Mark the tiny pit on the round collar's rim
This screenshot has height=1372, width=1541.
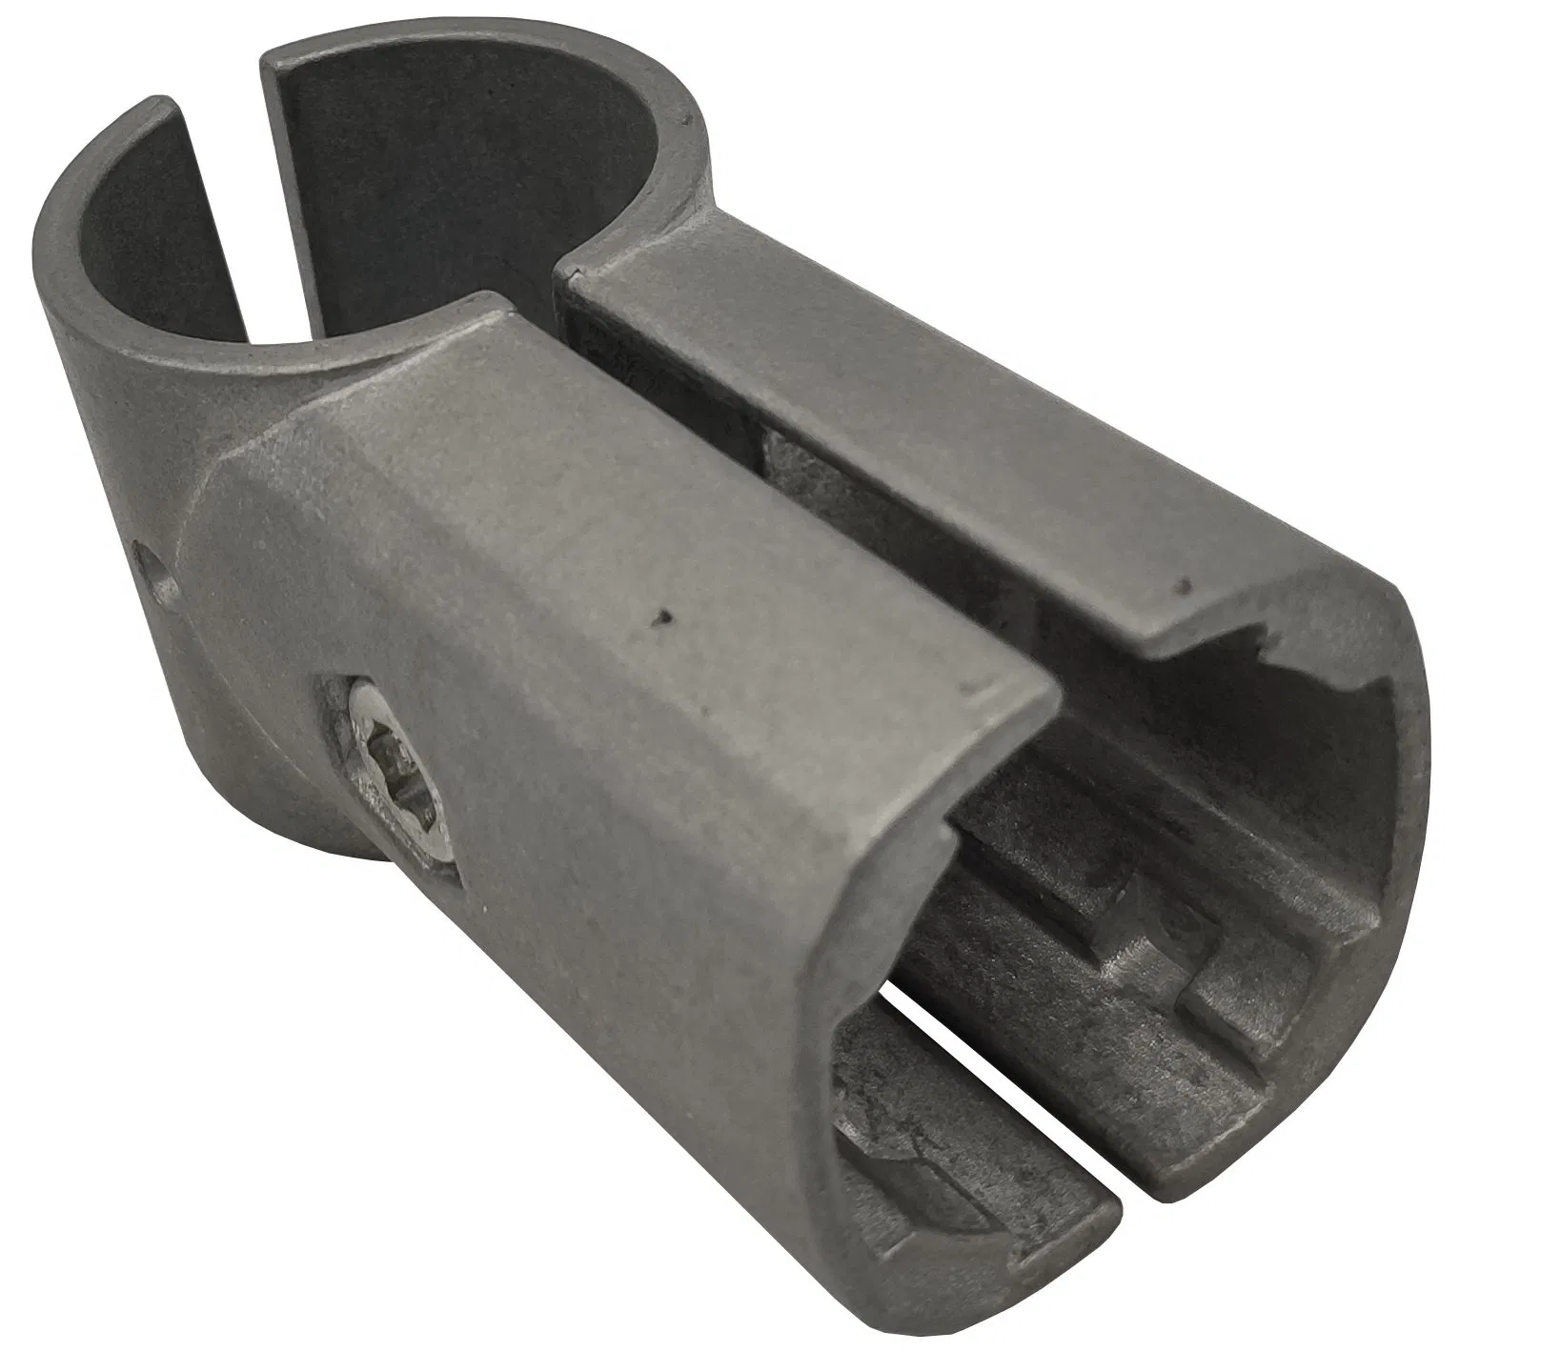coord(682,118)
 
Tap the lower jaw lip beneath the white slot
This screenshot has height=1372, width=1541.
coord(991,1124)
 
